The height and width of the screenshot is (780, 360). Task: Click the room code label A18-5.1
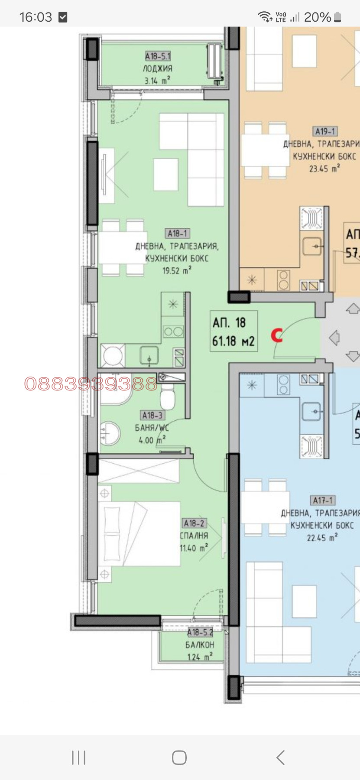[x=158, y=56]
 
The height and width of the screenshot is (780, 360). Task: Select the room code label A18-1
[x=177, y=234]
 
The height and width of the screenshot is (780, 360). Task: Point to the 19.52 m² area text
[x=177, y=271]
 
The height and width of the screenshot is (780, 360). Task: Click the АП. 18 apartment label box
[x=233, y=331]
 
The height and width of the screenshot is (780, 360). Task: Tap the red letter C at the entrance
[x=277, y=335]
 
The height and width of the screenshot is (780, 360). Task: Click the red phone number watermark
[x=91, y=383]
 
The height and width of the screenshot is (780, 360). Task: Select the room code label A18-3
[x=152, y=416]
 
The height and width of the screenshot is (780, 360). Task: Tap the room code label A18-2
[x=194, y=523]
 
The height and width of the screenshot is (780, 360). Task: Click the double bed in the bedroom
[x=139, y=534]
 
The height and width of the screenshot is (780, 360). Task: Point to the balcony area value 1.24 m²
[x=200, y=657]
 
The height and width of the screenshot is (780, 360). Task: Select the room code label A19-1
[x=325, y=131]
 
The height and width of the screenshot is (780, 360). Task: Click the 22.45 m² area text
[x=322, y=538]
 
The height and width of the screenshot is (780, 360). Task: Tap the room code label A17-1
[x=323, y=500]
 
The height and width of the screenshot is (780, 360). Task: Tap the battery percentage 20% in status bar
[x=317, y=17]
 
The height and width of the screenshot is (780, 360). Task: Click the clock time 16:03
[x=36, y=17]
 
